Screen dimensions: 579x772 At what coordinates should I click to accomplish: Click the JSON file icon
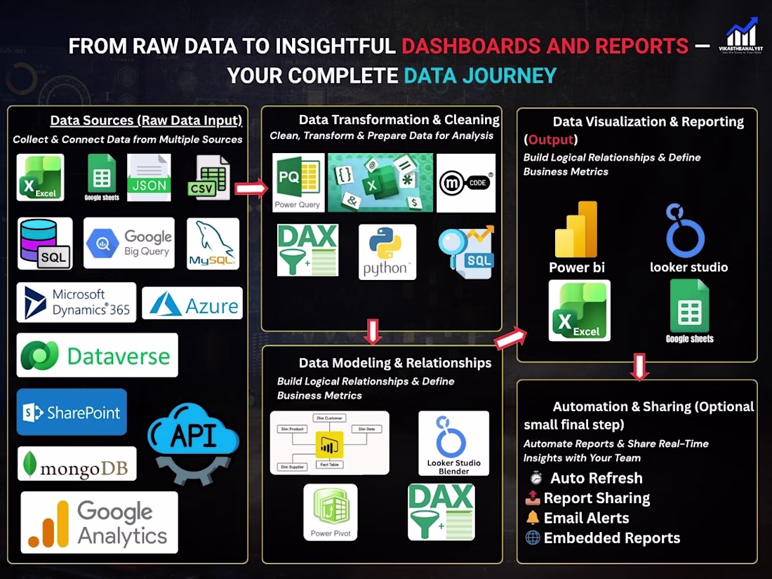point(149,178)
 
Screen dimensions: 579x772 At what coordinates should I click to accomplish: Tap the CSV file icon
point(209,178)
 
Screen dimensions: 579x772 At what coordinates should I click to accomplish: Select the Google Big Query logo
point(128,243)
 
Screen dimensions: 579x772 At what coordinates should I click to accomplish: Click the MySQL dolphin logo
point(213,244)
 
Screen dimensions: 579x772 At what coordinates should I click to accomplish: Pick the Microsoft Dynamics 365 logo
point(76,302)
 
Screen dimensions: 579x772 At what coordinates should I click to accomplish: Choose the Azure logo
point(192,304)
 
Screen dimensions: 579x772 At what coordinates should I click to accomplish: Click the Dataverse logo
point(97,355)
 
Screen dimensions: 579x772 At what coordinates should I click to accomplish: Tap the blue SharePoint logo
point(72,412)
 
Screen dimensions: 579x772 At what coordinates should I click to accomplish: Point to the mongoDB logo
point(76,464)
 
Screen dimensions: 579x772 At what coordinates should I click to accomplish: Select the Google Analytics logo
point(99,523)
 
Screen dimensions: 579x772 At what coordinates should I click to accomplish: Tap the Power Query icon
point(298,182)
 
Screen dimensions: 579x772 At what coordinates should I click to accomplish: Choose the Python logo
point(387,252)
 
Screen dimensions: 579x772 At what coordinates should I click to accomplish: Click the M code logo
point(465,182)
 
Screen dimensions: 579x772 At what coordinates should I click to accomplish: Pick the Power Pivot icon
point(330,512)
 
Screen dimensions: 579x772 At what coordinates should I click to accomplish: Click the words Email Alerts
point(586,518)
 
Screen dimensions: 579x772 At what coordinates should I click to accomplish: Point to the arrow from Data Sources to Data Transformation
point(251,188)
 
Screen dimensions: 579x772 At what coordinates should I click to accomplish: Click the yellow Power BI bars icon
point(576,229)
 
